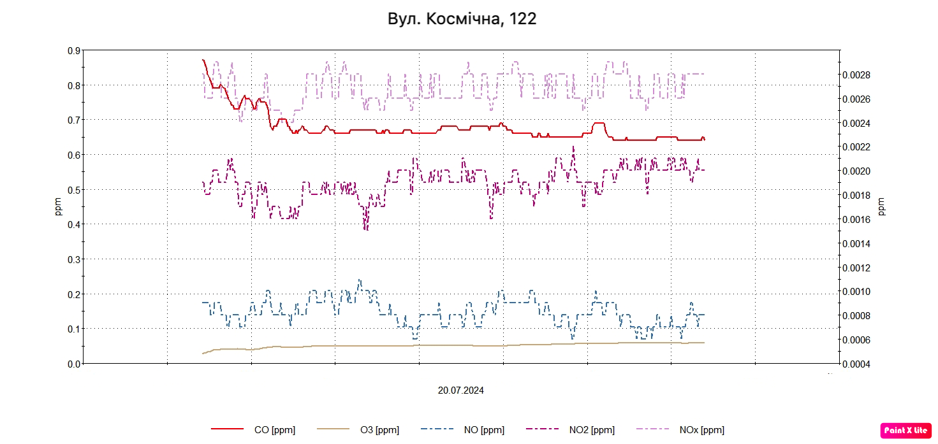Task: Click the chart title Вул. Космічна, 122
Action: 462,19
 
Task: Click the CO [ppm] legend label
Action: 274,430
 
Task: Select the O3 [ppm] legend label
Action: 379,430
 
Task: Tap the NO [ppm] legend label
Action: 484,430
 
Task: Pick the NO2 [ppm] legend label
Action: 592,430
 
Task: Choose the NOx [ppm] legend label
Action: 701,430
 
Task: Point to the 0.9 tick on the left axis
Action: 74,50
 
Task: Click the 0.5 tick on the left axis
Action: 74,190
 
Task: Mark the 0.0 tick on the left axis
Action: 74,364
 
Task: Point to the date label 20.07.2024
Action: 460,390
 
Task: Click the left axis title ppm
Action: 59,206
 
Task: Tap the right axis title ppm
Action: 882,206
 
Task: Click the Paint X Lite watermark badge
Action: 905,431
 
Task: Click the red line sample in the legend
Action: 227,430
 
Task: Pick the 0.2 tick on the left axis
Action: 74,294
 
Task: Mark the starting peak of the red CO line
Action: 203,60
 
